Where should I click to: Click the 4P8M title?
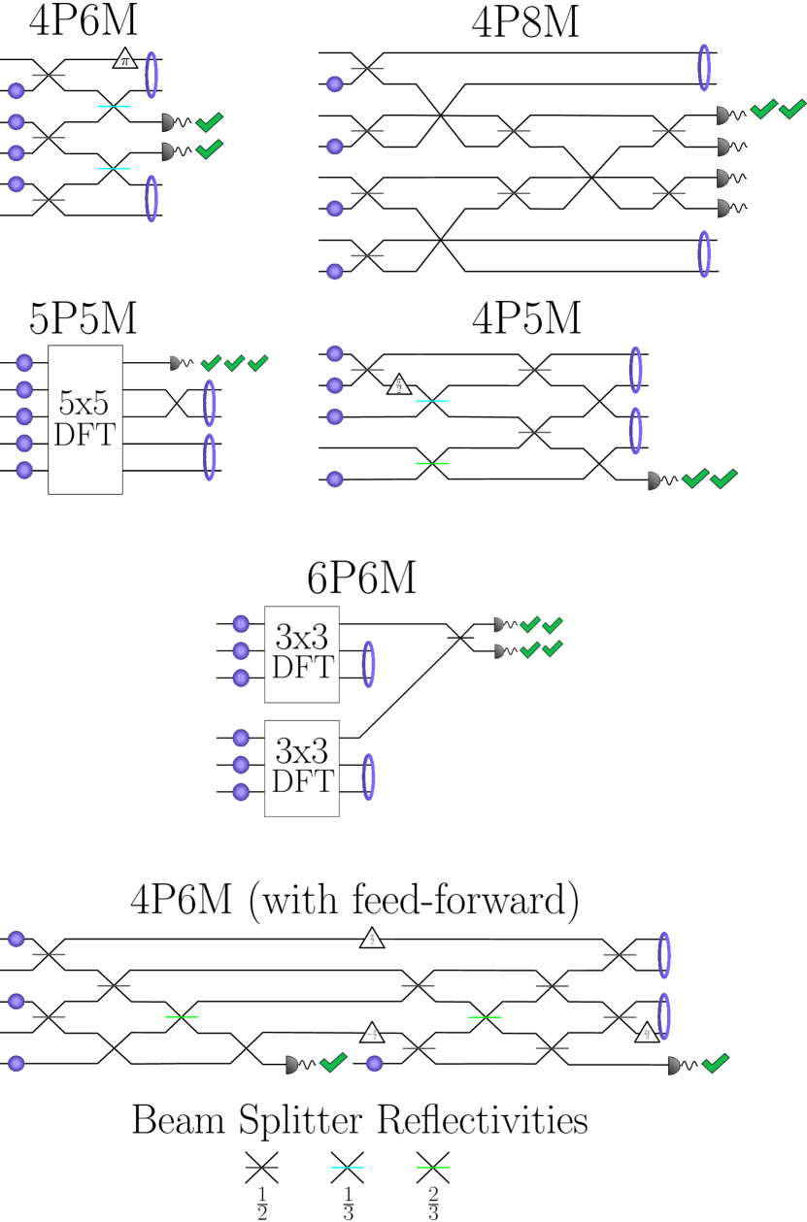(525, 21)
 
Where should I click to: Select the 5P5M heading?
(84, 318)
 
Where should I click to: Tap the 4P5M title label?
(525, 318)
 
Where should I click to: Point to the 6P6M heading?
(362, 578)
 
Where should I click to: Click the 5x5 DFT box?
(85, 419)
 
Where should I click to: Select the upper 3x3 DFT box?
(302, 654)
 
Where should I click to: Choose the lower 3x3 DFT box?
(302, 768)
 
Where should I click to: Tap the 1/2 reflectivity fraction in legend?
(261, 1202)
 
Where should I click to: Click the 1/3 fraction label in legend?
(348, 1202)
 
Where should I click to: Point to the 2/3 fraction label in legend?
(433, 1202)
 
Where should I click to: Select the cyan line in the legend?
(347, 1167)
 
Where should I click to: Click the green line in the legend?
(432, 1167)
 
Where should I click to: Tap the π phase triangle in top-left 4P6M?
(124, 59)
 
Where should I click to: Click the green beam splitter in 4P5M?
(432, 463)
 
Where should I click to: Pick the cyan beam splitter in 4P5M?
(432, 401)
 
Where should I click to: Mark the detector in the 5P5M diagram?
(174, 363)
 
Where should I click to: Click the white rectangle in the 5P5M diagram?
(235, 431)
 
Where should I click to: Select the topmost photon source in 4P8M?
(335, 84)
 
